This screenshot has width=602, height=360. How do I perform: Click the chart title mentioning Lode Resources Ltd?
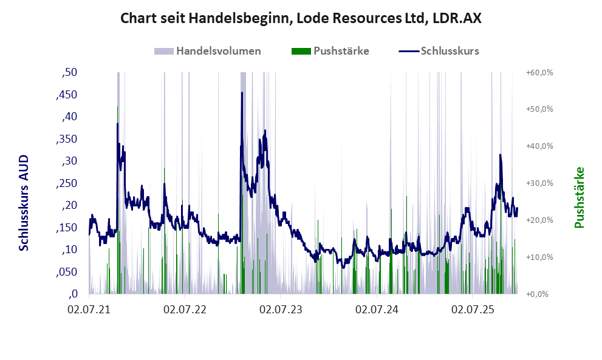tap(301, 18)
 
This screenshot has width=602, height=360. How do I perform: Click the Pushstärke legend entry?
tap(330, 51)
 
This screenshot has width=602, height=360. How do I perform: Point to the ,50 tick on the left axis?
tap(70, 73)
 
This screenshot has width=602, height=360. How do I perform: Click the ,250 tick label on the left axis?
tap(67, 183)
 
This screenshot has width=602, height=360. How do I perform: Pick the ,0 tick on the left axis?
tap(72, 294)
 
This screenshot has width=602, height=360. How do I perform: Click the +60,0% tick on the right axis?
tap(539, 73)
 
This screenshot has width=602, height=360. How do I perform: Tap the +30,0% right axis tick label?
tap(539, 183)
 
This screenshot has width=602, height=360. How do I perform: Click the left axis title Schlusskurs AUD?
tap(24, 203)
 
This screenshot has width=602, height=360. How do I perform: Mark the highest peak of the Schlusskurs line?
tap(242, 93)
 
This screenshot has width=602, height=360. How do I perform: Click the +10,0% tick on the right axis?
tap(539, 257)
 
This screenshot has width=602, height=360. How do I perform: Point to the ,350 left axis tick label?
tap(67, 139)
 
